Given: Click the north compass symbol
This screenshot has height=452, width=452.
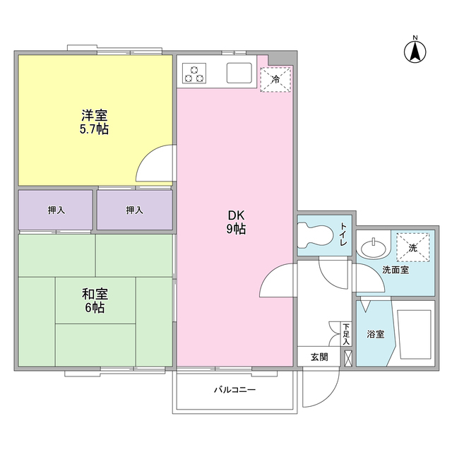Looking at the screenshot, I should click(x=415, y=49).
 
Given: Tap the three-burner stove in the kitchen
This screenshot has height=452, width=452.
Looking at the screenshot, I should click(x=194, y=72).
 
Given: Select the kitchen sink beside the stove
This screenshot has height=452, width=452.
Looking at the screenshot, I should click(x=239, y=72).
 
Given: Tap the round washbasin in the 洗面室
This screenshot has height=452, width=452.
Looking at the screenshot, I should click(x=372, y=248).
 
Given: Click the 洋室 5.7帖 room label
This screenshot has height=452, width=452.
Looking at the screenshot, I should click(x=94, y=122).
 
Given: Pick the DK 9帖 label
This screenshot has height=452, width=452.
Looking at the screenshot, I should click(x=235, y=222).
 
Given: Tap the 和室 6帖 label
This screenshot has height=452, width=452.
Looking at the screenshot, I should click(x=93, y=301).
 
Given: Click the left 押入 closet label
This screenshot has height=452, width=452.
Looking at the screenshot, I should click(x=56, y=210).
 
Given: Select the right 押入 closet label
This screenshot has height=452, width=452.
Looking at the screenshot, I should click(x=134, y=210).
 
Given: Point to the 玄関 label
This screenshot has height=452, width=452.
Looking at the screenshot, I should click(x=319, y=357).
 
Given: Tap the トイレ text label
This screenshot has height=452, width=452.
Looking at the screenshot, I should click(x=343, y=234).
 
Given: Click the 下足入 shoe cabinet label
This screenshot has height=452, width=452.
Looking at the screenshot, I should click(x=346, y=334).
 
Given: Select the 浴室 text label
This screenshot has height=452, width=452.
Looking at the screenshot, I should click(x=375, y=333).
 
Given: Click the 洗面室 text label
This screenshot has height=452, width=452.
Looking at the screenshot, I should click(x=395, y=270).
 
